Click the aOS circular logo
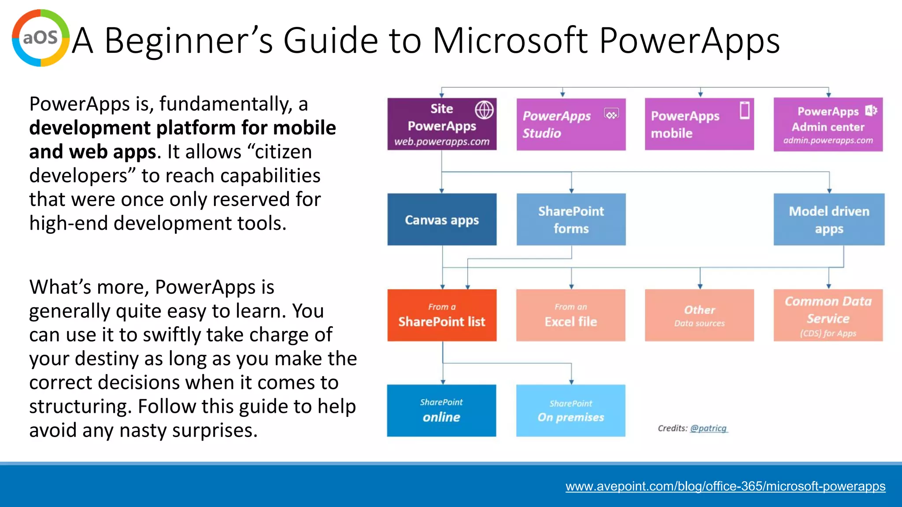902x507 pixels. [x=41, y=38]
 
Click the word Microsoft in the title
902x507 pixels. [x=510, y=40]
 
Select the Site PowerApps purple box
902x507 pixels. [x=442, y=124]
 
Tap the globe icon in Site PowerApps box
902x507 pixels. [x=484, y=110]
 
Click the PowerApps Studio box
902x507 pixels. [x=571, y=125]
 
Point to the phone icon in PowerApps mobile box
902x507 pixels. [x=744, y=110]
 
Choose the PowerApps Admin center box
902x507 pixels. [x=828, y=125]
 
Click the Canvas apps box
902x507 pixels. [x=442, y=220]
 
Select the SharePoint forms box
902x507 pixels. [x=571, y=220]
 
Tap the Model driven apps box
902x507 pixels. [x=828, y=220]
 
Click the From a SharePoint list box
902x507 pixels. [x=442, y=315]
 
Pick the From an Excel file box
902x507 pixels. [x=571, y=315]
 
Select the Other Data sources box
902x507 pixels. [x=699, y=315]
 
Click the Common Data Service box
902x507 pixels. [x=828, y=315]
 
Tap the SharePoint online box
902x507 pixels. [x=441, y=411]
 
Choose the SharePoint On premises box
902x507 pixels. [x=571, y=411]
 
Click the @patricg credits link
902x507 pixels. [x=708, y=428]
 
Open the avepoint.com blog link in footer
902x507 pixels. [x=725, y=486]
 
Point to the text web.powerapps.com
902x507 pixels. [x=442, y=142]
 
